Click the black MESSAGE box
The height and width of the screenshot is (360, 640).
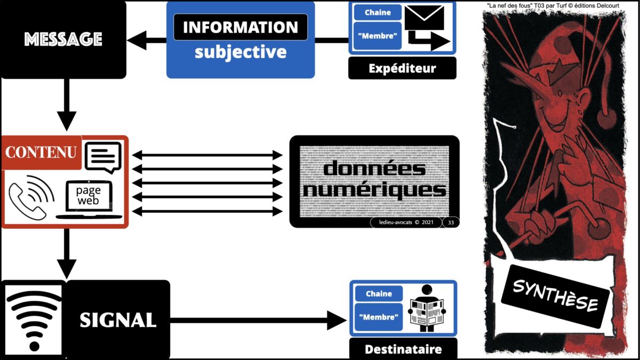click(63, 39)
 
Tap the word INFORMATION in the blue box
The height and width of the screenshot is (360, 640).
click(241, 27)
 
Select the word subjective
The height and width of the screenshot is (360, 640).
click(241, 52)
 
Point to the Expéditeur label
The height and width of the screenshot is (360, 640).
click(402, 68)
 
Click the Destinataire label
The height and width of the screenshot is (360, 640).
click(403, 350)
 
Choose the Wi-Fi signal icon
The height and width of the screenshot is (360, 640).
click(33, 319)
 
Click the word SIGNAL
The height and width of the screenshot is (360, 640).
click(118, 319)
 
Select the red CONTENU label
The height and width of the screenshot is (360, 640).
click(41, 152)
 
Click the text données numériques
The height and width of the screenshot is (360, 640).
click(374, 180)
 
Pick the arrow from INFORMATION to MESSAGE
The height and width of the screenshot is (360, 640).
click(149, 40)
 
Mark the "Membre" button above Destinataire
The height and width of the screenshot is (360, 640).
click(379, 318)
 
